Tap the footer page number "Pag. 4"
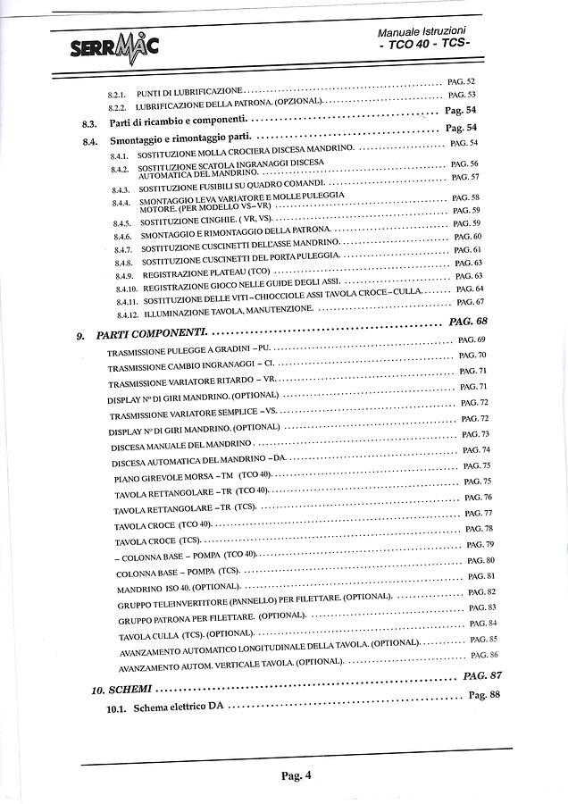pyautogui.click(x=296, y=775)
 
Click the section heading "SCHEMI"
pyautogui.click(x=131, y=690)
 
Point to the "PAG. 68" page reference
pyautogui.click(x=468, y=321)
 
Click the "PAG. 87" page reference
pyautogui.click(x=483, y=676)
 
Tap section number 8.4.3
pyautogui.click(x=121, y=189)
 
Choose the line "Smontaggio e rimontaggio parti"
pyautogui.click(x=178, y=141)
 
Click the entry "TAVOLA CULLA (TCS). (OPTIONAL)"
pyautogui.click(x=174, y=634)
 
